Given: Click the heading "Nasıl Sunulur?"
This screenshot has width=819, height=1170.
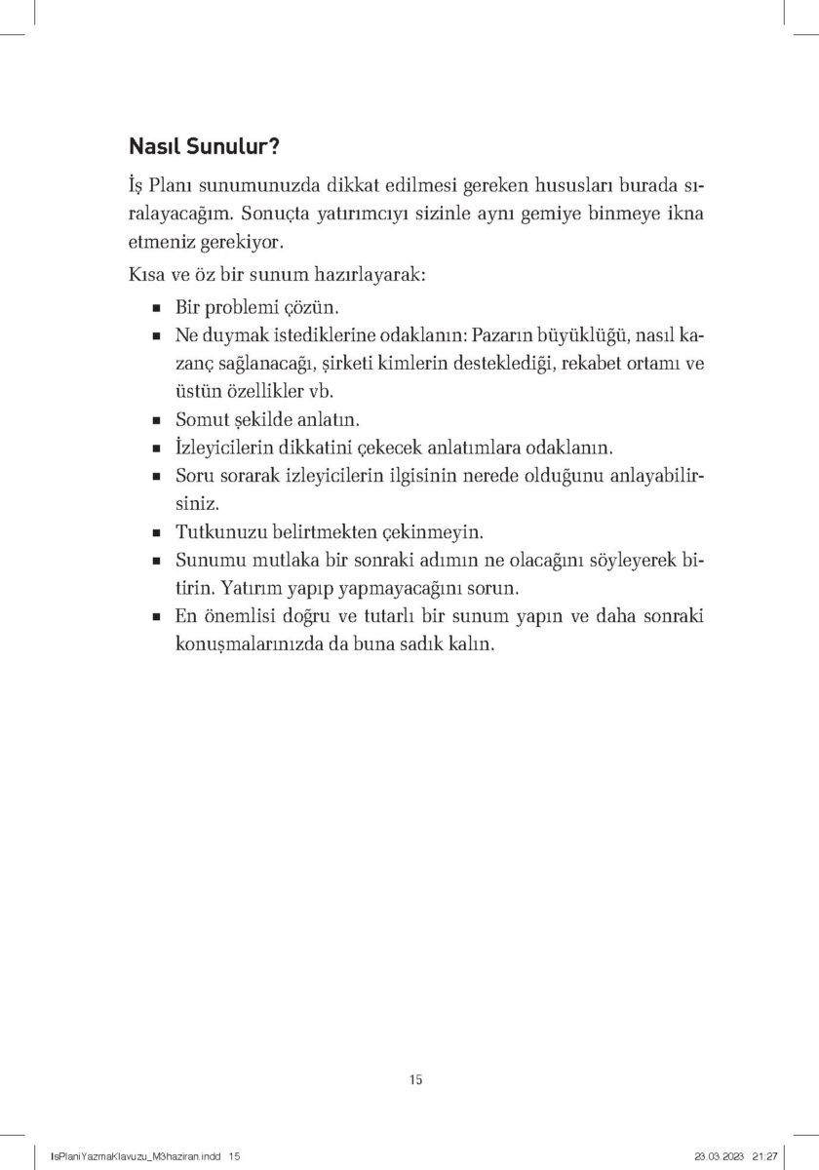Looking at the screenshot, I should click(206, 147).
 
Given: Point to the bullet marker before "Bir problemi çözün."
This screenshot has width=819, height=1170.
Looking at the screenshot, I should click(156, 307).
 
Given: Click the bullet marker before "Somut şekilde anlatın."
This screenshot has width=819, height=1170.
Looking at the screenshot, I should click(156, 422).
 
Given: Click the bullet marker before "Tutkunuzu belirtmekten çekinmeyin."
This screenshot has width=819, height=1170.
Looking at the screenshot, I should click(156, 535).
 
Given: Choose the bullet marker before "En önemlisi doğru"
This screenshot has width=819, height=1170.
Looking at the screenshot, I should click(156, 619).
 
